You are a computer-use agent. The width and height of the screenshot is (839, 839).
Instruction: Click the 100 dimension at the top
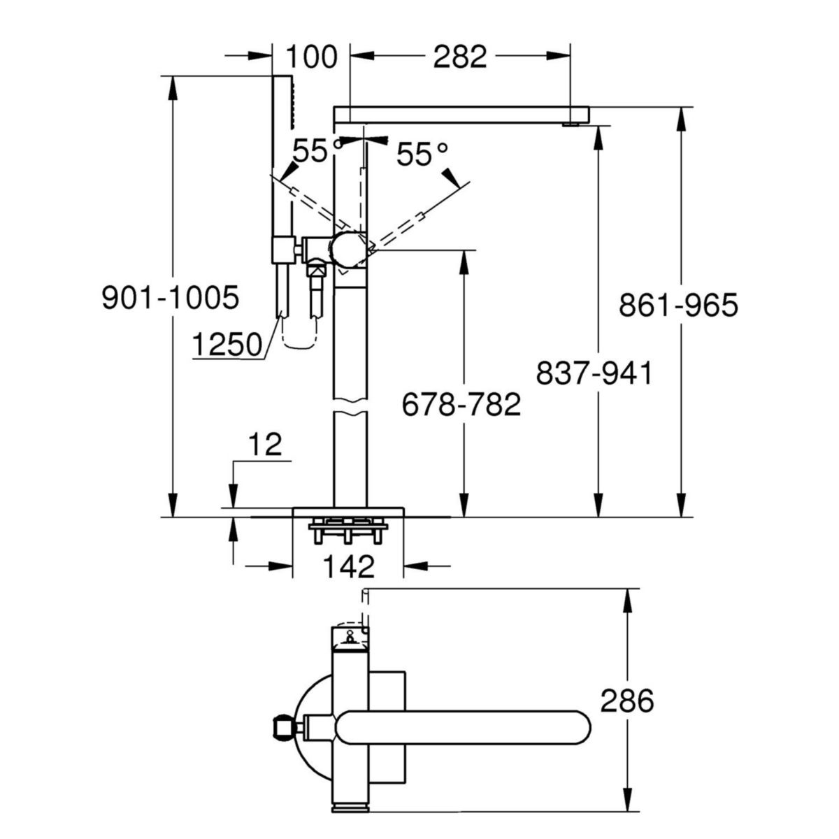(310, 57)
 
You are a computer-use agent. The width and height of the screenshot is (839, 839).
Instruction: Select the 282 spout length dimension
(459, 57)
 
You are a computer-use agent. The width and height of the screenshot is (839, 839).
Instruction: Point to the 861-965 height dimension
(678, 306)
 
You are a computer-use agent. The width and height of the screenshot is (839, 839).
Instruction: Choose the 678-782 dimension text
(461, 404)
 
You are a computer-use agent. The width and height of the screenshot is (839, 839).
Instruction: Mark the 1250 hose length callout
(227, 344)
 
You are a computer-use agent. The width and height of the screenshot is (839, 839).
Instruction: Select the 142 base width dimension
(349, 566)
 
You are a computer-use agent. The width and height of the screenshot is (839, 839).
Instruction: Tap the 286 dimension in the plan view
(626, 701)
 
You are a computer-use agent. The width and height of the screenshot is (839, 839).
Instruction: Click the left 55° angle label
(310, 151)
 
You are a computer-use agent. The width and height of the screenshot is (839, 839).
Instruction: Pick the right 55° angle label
(422, 155)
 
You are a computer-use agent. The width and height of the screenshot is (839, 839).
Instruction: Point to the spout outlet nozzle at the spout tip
(571, 124)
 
